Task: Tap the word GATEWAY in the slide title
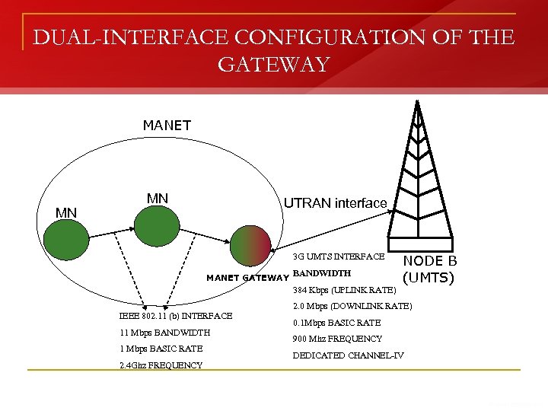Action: [x=273, y=65]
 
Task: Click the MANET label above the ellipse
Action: [x=167, y=125]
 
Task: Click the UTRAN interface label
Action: [x=335, y=202]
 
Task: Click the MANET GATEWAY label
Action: [x=247, y=277]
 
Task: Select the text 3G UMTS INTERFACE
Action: [x=339, y=257]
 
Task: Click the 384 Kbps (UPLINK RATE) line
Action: [x=344, y=290]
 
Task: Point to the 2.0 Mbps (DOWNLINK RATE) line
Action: [x=352, y=306]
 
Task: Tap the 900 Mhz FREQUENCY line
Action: [x=337, y=339]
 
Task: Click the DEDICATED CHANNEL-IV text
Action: [x=348, y=355]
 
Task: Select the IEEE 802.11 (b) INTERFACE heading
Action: [x=176, y=315]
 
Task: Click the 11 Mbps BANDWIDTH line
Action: [x=164, y=333]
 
